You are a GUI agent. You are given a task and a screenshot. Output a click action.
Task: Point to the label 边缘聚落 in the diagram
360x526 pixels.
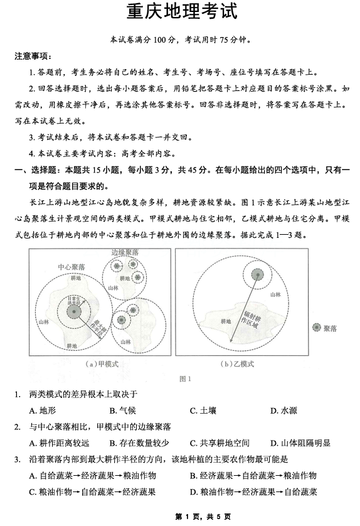tap(124, 252)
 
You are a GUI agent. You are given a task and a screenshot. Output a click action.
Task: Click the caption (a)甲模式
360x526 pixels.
tap(102, 363)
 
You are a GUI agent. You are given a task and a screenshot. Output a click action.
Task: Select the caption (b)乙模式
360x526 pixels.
tap(237, 363)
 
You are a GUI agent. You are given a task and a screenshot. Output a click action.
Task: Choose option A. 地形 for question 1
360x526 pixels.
tap(42, 411)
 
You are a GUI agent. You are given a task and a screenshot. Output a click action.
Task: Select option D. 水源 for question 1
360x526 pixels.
tap(283, 411)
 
